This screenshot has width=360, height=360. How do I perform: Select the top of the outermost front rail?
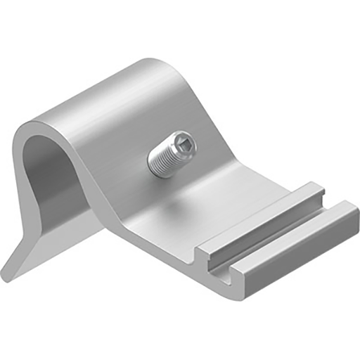tap(295, 236)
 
